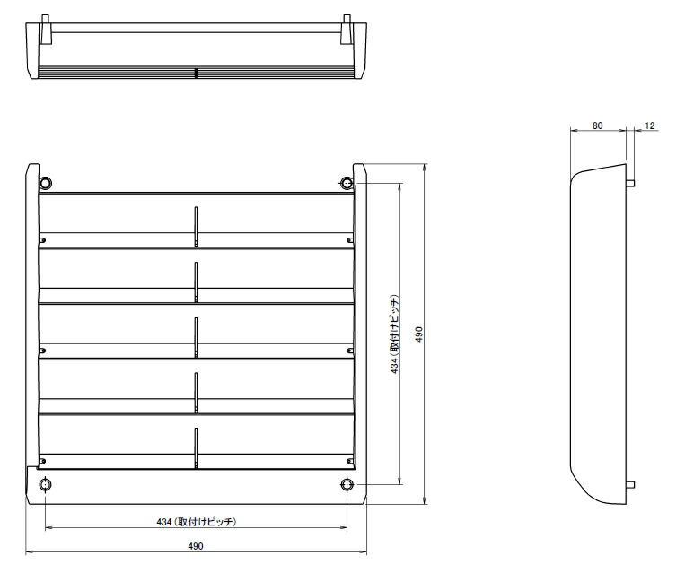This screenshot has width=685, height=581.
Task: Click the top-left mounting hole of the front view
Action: pyautogui.click(x=46, y=183)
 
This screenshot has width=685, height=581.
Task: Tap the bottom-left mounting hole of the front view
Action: pyautogui.click(x=46, y=485)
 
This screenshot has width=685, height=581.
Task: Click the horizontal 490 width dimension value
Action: pyautogui.click(x=196, y=546)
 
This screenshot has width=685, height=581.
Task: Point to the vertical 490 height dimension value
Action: pyautogui.click(x=419, y=334)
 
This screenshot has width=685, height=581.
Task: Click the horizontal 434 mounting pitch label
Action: pyautogui.click(x=194, y=520)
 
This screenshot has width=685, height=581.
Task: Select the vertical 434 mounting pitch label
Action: pyautogui.click(x=394, y=334)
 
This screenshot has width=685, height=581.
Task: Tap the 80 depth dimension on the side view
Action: pyautogui.click(x=598, y=126)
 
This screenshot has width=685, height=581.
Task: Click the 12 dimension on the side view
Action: pyautogui.click(x=649, y=126)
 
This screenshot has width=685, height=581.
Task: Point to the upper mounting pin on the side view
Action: pyautogui.click(x=631, y=183)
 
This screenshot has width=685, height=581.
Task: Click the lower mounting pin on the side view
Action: pyautogui.click(x=631, y=485)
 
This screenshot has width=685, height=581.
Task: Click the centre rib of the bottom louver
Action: pyautogui.click(x=196, y=447)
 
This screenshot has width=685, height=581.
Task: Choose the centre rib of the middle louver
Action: pyautogui.click(x=196, y=335)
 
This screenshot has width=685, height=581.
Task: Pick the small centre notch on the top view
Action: pyautogui.click(x=196, y=73)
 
